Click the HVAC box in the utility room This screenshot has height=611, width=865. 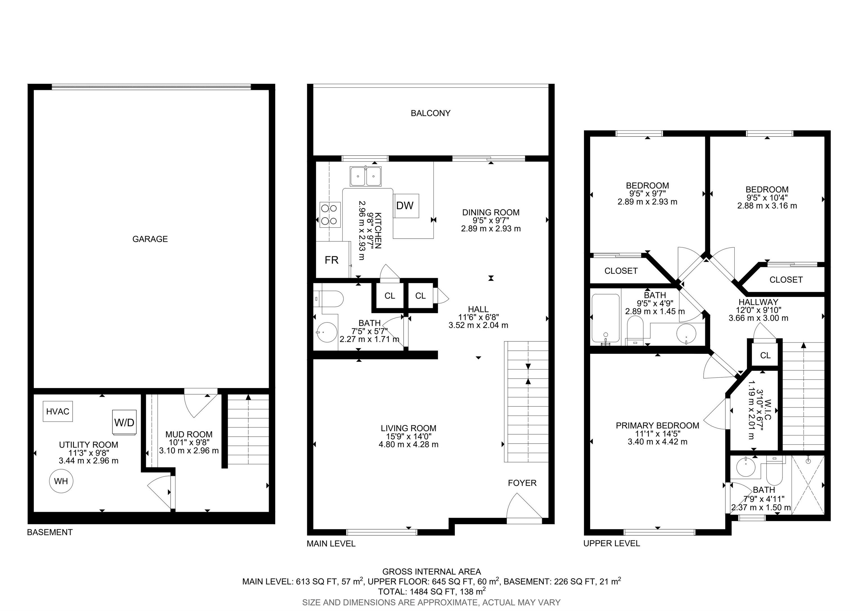coord(58,411)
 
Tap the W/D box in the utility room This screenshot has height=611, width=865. coord(124,422)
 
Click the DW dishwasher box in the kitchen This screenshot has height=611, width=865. coord(406,205)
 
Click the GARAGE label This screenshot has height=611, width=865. coord(150,239)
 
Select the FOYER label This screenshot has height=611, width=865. coord(522,483)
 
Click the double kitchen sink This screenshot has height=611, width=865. coord(365,176)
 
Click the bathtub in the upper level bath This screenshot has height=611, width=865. coord(606,319)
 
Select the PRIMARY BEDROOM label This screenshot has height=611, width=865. coord(657,426)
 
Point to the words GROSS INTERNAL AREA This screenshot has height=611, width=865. coord(432,572)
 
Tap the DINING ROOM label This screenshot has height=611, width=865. coord(491,212)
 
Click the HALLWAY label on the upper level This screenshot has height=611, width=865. coord(758,302)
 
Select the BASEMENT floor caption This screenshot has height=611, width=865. coord(50,532)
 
